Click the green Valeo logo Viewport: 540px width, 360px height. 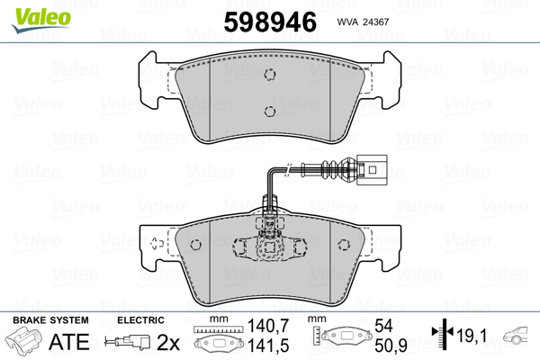point(41,19)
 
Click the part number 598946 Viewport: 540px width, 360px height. point(270,22)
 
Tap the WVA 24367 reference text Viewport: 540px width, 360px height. point(363,22)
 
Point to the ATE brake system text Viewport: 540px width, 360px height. point(69,342)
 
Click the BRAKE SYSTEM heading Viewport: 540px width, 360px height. point(50,320)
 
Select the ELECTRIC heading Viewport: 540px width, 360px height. point(140,320)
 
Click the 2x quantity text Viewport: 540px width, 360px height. point(168,342)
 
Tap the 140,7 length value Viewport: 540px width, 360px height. point(268,326)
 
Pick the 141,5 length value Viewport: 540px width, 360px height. point(268,346)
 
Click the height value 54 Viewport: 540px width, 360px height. point(383,326)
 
